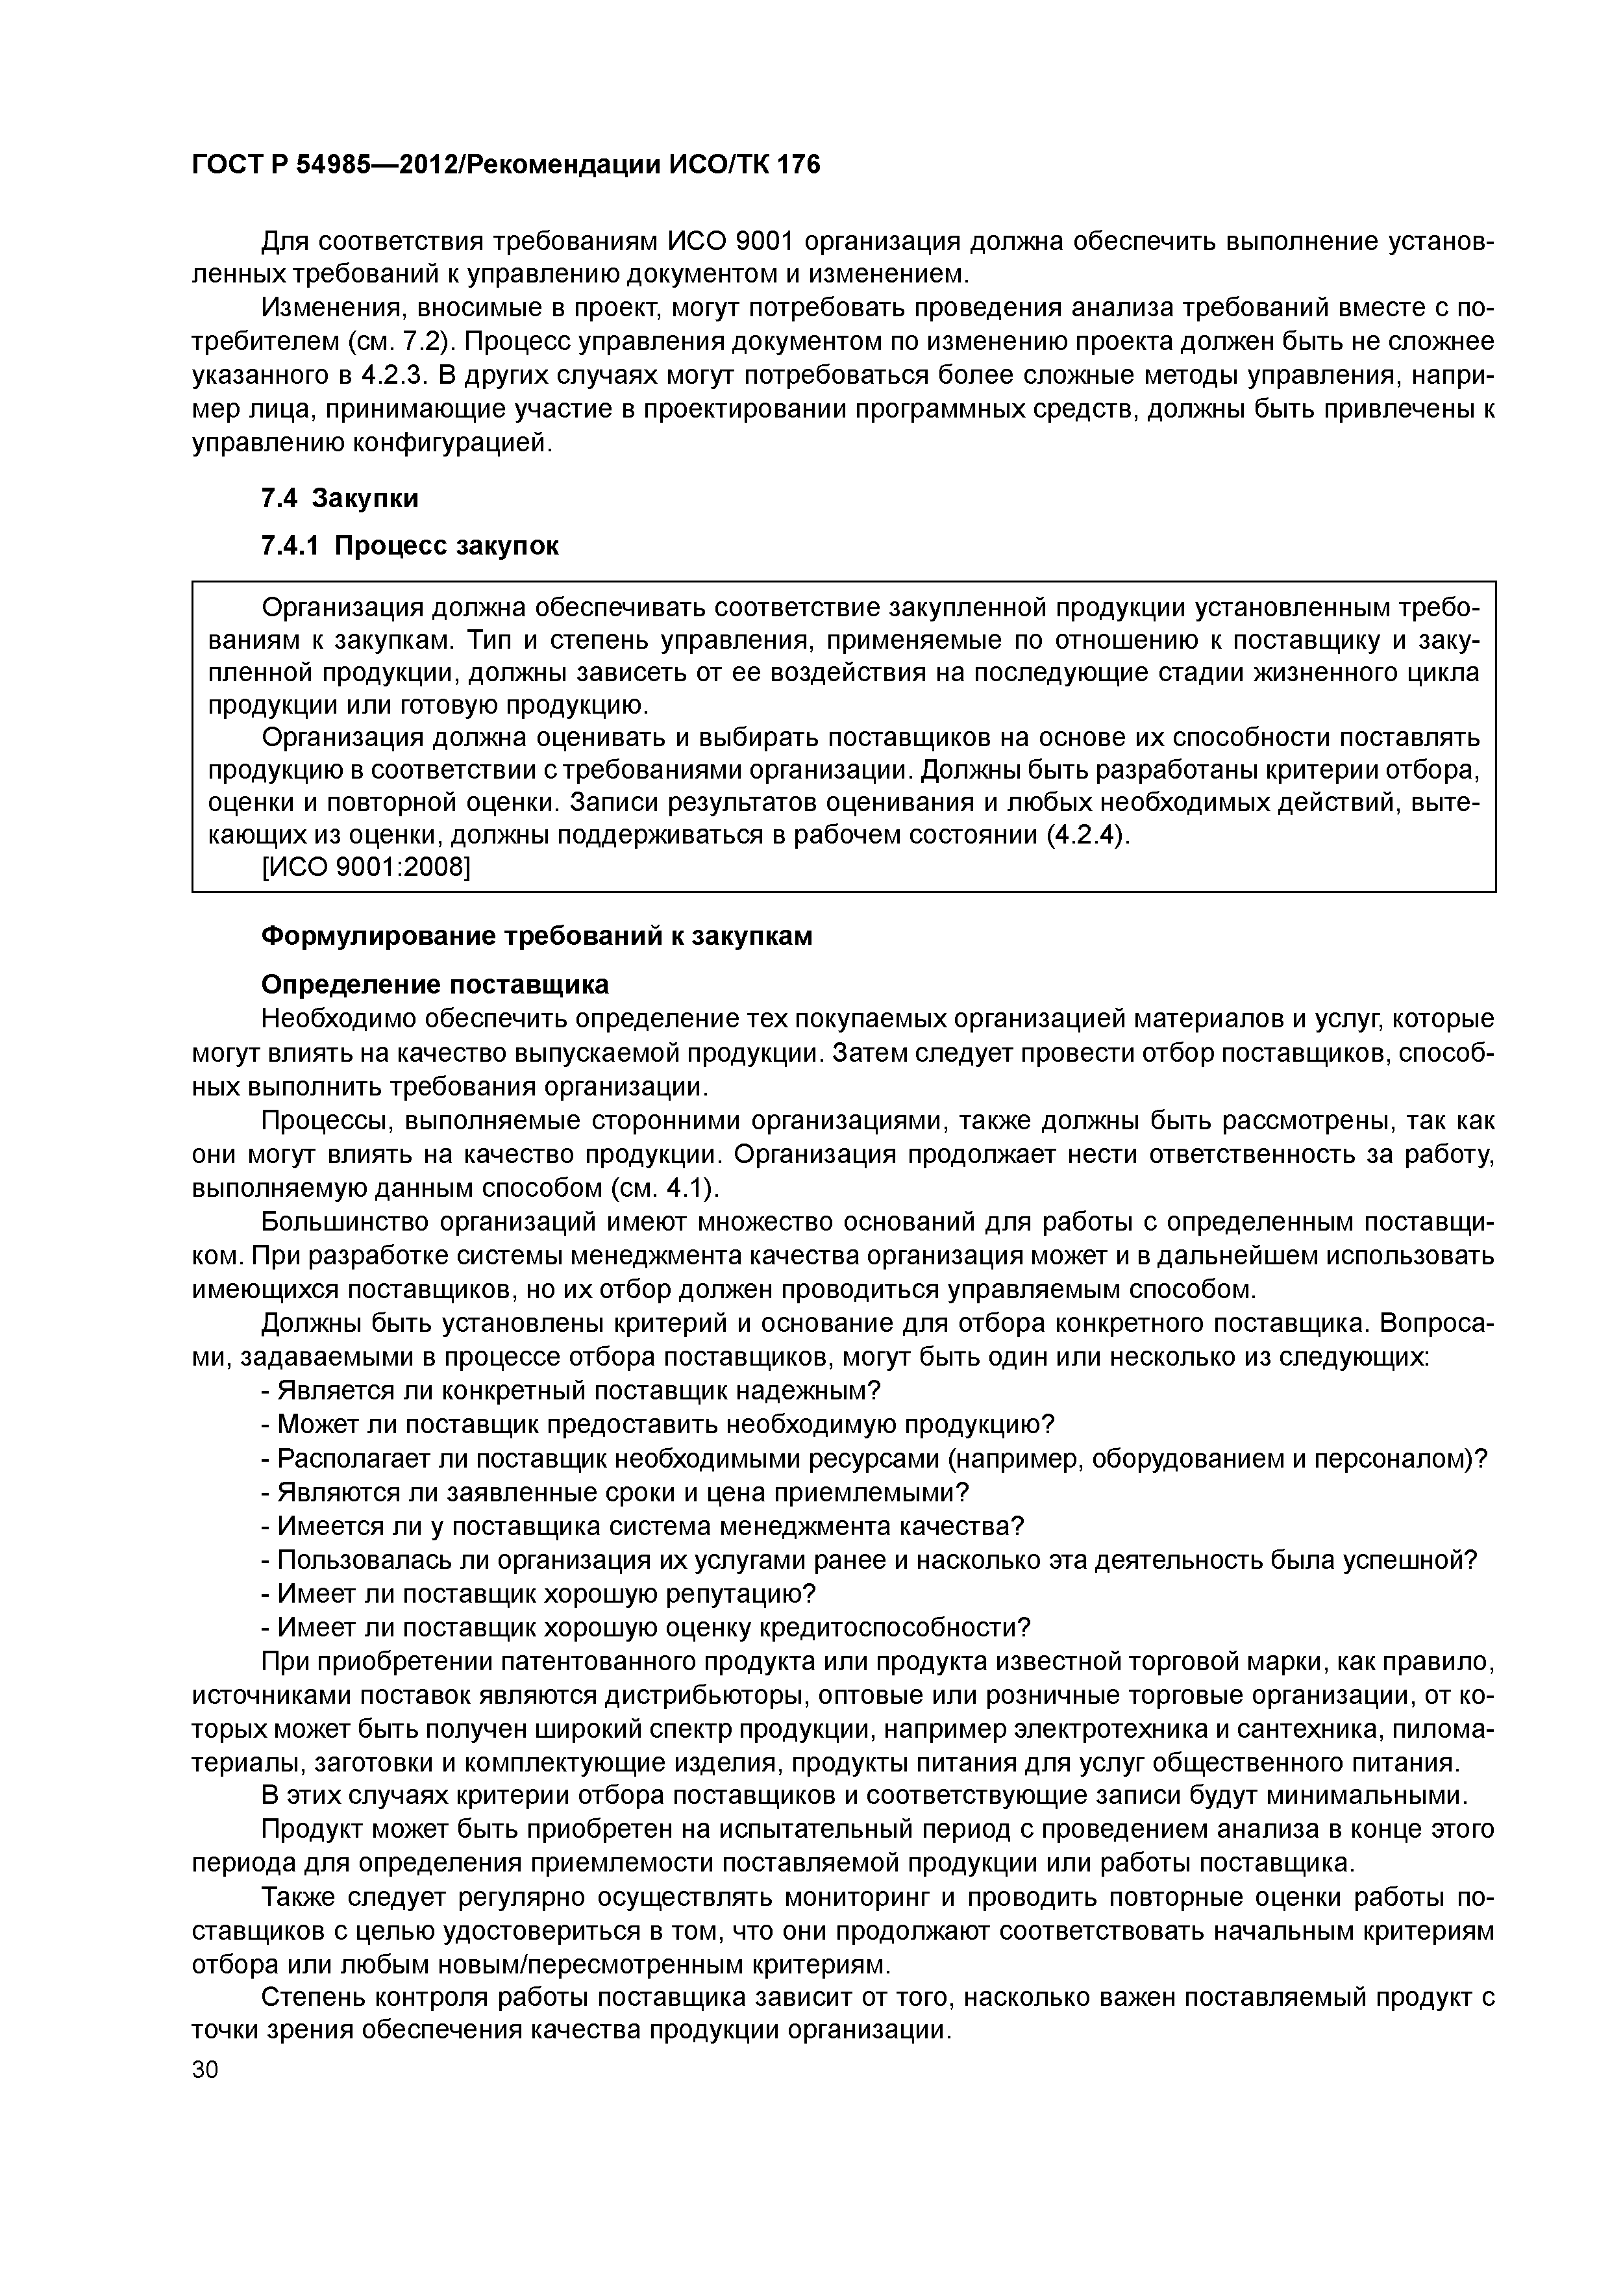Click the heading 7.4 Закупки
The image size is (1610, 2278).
point(340,498)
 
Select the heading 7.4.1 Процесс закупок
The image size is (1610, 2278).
point(409,545)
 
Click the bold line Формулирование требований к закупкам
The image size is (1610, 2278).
point(536,936)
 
